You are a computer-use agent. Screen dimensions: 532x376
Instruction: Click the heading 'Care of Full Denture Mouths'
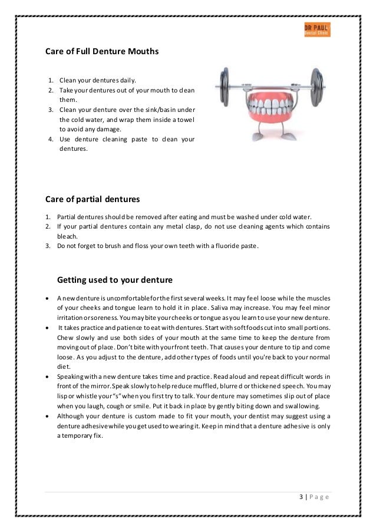coord(102,51)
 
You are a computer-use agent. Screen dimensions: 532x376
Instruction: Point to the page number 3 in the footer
coord(301,497)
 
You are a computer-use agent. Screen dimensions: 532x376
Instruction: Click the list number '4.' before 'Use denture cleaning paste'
coord(51,139)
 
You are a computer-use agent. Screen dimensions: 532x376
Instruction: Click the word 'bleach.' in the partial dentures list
coord(68,234)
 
